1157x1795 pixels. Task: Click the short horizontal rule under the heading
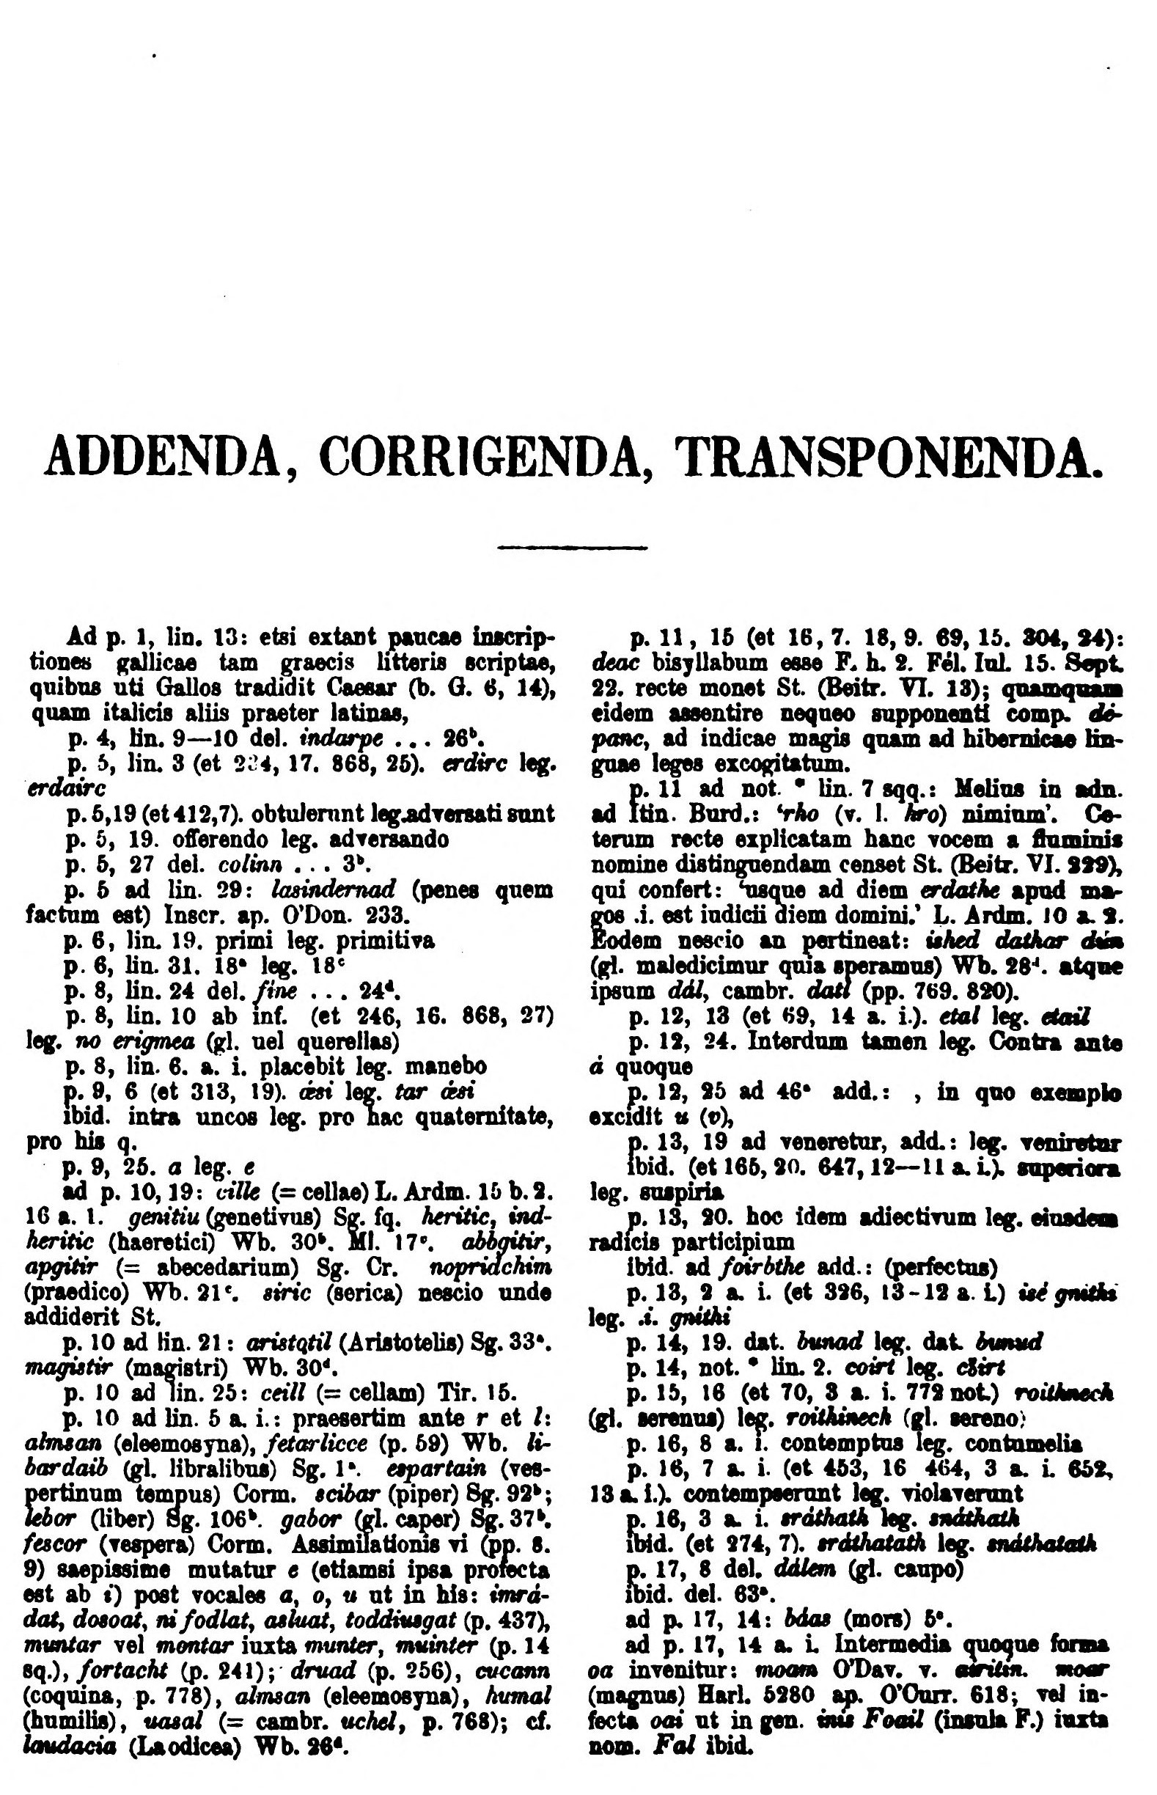(x=573, y=546)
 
